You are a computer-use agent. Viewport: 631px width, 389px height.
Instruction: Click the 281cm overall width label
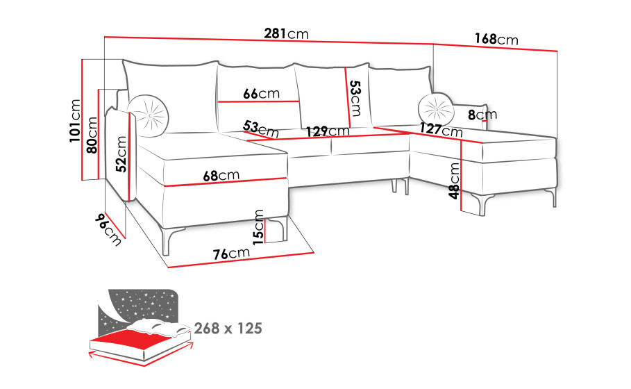point(286,33)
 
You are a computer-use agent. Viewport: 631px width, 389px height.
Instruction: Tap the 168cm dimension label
point(496,39)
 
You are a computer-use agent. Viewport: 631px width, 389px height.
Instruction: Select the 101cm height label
point(75,121)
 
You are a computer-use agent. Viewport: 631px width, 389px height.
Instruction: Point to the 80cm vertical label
point(92,135)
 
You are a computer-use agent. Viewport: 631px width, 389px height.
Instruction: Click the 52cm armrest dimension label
point(121,154)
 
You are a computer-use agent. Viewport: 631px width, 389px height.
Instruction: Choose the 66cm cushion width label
point(261,93)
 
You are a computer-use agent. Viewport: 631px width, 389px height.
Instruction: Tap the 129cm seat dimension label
point(328,131)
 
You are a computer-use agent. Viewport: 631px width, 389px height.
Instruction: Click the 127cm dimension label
point(441,130)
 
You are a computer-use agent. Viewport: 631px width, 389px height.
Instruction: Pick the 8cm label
point(482,115)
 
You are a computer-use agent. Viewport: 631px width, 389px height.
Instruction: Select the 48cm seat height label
point(454,181)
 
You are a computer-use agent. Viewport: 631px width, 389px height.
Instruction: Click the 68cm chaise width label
point(221,175)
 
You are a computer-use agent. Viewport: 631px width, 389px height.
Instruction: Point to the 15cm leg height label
point(258,227)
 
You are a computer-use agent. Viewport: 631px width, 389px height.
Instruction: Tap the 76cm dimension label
point(231,254)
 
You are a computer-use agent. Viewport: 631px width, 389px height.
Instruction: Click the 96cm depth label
point(108,229)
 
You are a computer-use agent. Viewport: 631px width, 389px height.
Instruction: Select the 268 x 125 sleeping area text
point(228,329)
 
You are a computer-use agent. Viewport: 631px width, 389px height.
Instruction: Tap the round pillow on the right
point(436,110)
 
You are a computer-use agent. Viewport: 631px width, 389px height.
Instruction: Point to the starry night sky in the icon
point(143,304)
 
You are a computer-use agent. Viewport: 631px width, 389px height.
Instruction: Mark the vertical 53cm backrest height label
point(355,98)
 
